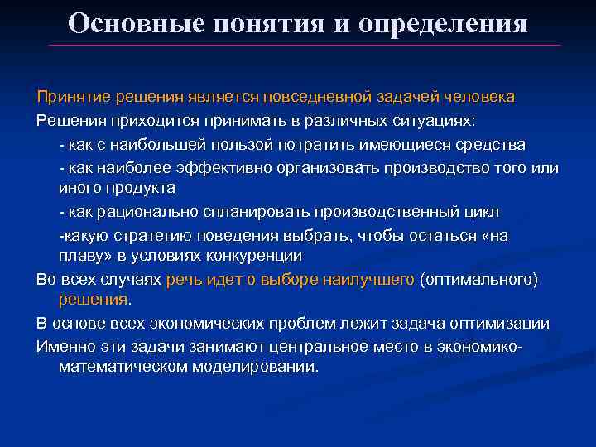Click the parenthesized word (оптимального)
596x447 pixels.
click(479, 280)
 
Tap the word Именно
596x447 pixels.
click(65, 344)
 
